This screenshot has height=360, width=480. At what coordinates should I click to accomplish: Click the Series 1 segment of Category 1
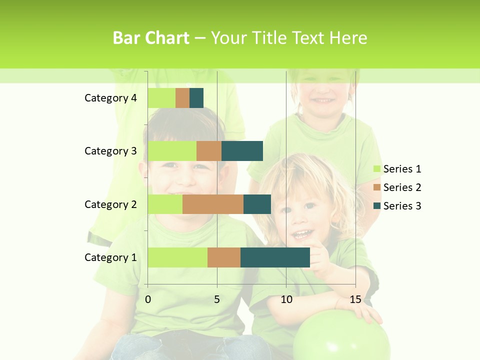[x=177, y=257]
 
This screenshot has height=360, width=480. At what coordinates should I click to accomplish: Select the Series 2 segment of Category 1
[x=224, y=257]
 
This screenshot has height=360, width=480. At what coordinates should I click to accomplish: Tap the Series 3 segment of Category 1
[x=275, y=257]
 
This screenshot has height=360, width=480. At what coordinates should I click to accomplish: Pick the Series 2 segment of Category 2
[x=213, y=204]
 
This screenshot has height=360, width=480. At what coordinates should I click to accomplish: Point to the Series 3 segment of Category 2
[x=257, y=204]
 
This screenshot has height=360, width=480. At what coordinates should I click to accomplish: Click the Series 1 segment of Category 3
[x=172, y=151]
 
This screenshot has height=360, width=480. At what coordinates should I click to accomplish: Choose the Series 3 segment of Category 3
[x=242, y=151]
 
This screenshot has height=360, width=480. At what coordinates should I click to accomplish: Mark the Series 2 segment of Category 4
[x=182, y=98]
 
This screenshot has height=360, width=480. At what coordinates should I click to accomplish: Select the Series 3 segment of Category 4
[x=196, y=98]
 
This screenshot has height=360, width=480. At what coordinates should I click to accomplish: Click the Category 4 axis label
[x=110, y=98]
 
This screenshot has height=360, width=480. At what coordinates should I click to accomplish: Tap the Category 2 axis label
[x=110, y=204]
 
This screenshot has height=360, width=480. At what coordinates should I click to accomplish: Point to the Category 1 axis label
[x=110, y=257]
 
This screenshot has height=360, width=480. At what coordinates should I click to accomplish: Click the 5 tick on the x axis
[x=217, y=300]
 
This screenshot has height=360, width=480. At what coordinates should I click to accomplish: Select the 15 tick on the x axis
[x=355, y=300]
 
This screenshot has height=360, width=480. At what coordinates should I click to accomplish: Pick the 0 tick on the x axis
[x=148, y=300]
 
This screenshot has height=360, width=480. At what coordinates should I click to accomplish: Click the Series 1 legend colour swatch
[x=376, y=169]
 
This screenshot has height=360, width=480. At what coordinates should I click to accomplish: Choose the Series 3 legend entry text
[x=402, y=206]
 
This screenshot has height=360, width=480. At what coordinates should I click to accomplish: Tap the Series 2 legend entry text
[x=402, y=187]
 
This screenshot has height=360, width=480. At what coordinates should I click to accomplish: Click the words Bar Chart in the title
[x=150, y=38]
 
